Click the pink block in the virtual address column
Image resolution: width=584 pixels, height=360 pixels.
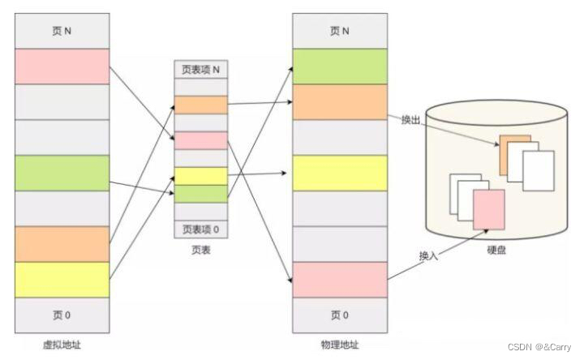pyautogui.click(x=62, y=66)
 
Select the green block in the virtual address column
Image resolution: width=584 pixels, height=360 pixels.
pyautogui.click(x=62, y=173)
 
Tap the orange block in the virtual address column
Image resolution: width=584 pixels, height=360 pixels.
pyautogui.click(x=62, y=243)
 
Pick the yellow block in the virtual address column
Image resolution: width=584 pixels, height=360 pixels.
pyautogui.click(x=62, y=279)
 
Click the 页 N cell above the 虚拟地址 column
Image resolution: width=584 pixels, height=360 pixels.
pyautogui.click(x=62, y=31)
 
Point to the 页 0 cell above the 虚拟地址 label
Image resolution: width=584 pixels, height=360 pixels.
pyautogui.click(x=62, y=315)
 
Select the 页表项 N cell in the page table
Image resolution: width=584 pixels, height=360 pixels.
pyautogui.click(x=200, y=70)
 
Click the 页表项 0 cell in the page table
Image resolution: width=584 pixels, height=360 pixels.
pyautogui.click(x=200, y=229)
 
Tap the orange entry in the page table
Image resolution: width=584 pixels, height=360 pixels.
pyautogui.click(x=200, y=105)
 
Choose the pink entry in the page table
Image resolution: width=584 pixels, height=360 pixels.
pyautogui.click(x=200, y=140)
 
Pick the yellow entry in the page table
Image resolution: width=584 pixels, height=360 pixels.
pyautogui.click(x=200, y=176)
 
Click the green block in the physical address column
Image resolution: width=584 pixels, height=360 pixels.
pyautogui.click(x=340, y=66)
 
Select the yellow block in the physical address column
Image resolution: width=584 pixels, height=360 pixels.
pyautogui.click(x=340, y=173)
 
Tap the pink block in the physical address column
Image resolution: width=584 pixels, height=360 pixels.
pyautogui.click(x=340, y=279)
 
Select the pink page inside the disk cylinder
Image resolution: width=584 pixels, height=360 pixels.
pyautogui.click(x=489, y=209)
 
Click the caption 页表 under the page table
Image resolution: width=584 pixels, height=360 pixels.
pyautogui.click(x=200, y=251)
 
